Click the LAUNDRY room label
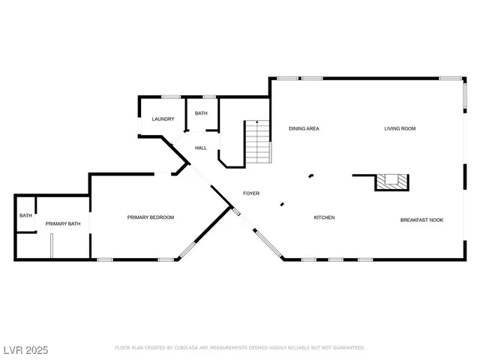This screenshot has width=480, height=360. [x=163, y=119]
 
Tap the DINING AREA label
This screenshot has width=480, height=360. [x=304, y=128]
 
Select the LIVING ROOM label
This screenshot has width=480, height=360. [x=400, y=128]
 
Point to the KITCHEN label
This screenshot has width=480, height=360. [x=324, y=217]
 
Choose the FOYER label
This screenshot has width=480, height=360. [x=250, y=193]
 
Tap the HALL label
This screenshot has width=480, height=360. [x=201, y=148]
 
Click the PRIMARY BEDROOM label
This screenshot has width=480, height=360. [x=150, y=217]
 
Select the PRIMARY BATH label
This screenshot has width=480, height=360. [x=63, y=223]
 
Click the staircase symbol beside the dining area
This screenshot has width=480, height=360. [x=259, y=142]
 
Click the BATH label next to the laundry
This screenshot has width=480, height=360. [x=201, y=113]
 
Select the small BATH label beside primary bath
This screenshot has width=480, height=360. [x=25, y=216]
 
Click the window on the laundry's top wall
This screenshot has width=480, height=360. [x=171, y=96]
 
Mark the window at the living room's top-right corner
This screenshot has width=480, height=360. [x=450, y=78]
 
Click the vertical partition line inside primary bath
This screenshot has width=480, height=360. [x=52, y=246]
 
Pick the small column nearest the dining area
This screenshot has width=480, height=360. [x=310, y=176]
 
